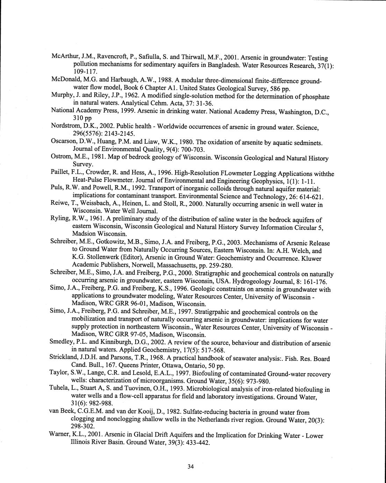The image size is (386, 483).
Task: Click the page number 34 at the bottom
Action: tap(191, 466)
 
